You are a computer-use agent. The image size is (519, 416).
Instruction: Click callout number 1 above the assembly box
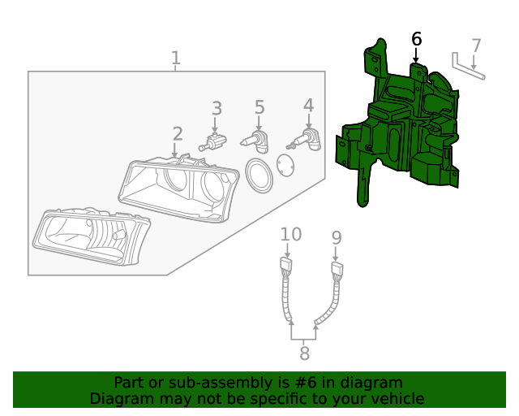pos(176,58)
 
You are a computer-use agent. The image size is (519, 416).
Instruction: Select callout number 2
pos(178,133)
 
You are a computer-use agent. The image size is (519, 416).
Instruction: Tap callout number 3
pos(217,108)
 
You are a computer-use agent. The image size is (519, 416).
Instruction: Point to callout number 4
pos(308,105)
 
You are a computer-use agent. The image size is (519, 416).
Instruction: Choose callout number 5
pos(259,107)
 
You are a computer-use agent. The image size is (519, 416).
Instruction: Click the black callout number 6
pos(417,38)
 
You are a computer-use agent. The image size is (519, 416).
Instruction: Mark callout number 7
pos(476,46)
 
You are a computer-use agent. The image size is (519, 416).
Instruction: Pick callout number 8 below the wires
pos(304,353)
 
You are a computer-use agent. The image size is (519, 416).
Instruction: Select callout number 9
pos(337,237)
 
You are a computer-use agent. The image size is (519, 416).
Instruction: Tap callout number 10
pos(290,234)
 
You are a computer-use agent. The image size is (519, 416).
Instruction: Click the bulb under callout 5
pos(255,141)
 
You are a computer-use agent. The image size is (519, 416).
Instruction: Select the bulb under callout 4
pos(306,142)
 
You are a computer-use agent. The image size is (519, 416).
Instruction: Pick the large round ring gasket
pos(259,175)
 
